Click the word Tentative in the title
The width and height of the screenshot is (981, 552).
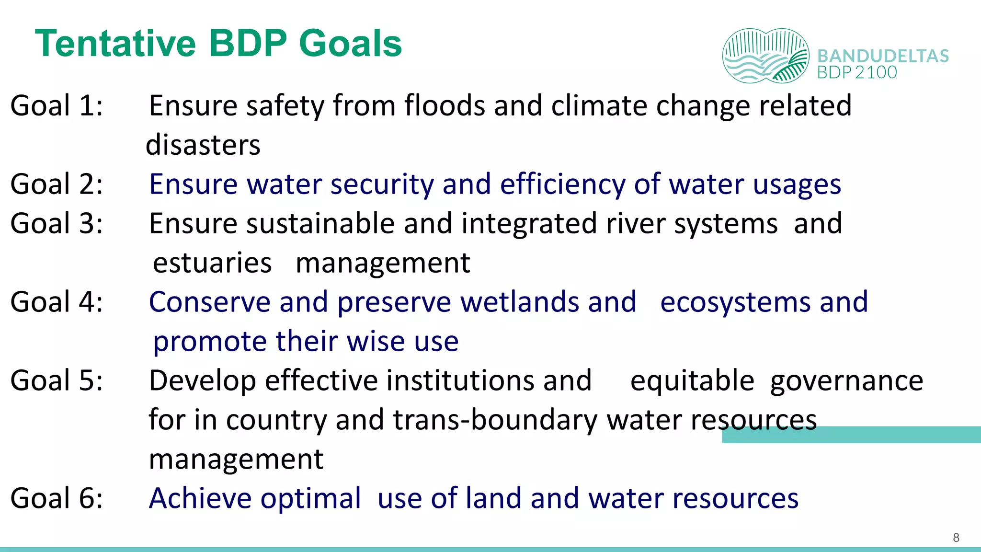(x=115, y=44)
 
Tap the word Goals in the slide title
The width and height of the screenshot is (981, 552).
(x=350, y=44)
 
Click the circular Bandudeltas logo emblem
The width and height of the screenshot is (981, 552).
(x=765, y=56)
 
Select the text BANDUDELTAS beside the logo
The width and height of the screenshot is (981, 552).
(x=883, y=56)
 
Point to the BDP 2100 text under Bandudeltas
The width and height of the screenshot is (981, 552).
(x=857, y=72)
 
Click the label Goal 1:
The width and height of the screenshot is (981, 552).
(x=57, y=105)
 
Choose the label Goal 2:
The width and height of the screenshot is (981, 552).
(x=57, y=184)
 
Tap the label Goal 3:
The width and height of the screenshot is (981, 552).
(x=57, y=223)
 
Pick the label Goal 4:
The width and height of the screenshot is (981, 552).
(x=57, y=302)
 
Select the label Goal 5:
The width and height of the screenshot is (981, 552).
(x=57, y=380)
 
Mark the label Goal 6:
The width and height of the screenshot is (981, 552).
(x=57, y=498)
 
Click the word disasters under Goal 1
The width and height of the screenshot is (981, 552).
(x=203, y=145)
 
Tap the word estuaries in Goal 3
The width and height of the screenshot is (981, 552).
(x=212, y=263)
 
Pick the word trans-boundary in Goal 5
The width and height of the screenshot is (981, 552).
(x=495, y=420)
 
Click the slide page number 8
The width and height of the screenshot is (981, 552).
(x=956, y=538)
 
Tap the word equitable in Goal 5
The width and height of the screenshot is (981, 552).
(x=692, y=380)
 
